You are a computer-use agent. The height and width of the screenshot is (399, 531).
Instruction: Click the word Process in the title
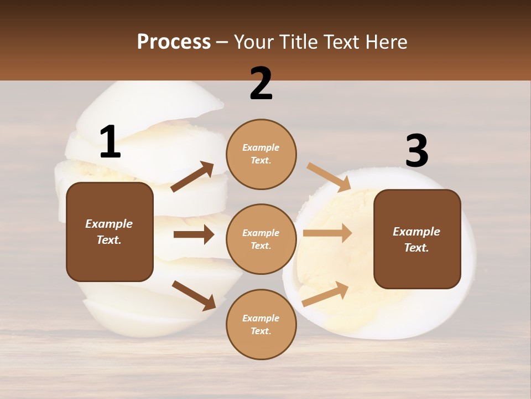tap(174, 42)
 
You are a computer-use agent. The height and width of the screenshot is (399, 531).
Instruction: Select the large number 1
tap(110, 142)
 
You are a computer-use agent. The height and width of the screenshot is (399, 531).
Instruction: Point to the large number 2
tap(261, 84)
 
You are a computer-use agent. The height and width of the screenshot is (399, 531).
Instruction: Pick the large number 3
tap(417, 151)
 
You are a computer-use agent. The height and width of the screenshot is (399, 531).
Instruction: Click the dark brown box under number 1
tap(110, 232)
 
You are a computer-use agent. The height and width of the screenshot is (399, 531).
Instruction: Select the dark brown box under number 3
tap(417, 239)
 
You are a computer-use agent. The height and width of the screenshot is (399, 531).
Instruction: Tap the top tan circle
tap(261, 154)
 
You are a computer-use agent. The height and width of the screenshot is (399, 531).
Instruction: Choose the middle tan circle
tap(261, 239)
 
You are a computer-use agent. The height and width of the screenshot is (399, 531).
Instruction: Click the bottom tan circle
tap(261, 324)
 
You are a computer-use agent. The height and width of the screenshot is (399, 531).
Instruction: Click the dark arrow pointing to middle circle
tap(193, 234)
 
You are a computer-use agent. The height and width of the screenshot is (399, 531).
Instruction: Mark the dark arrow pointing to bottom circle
tap(194, 295)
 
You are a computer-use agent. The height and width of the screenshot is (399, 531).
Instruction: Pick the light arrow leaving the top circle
tap(329, 177)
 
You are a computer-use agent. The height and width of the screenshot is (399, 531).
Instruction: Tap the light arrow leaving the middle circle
tap(327, 233)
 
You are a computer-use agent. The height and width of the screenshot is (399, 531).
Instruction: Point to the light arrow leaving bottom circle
tap(325, 294)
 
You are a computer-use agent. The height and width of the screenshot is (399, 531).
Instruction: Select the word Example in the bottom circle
tap(261, 318)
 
